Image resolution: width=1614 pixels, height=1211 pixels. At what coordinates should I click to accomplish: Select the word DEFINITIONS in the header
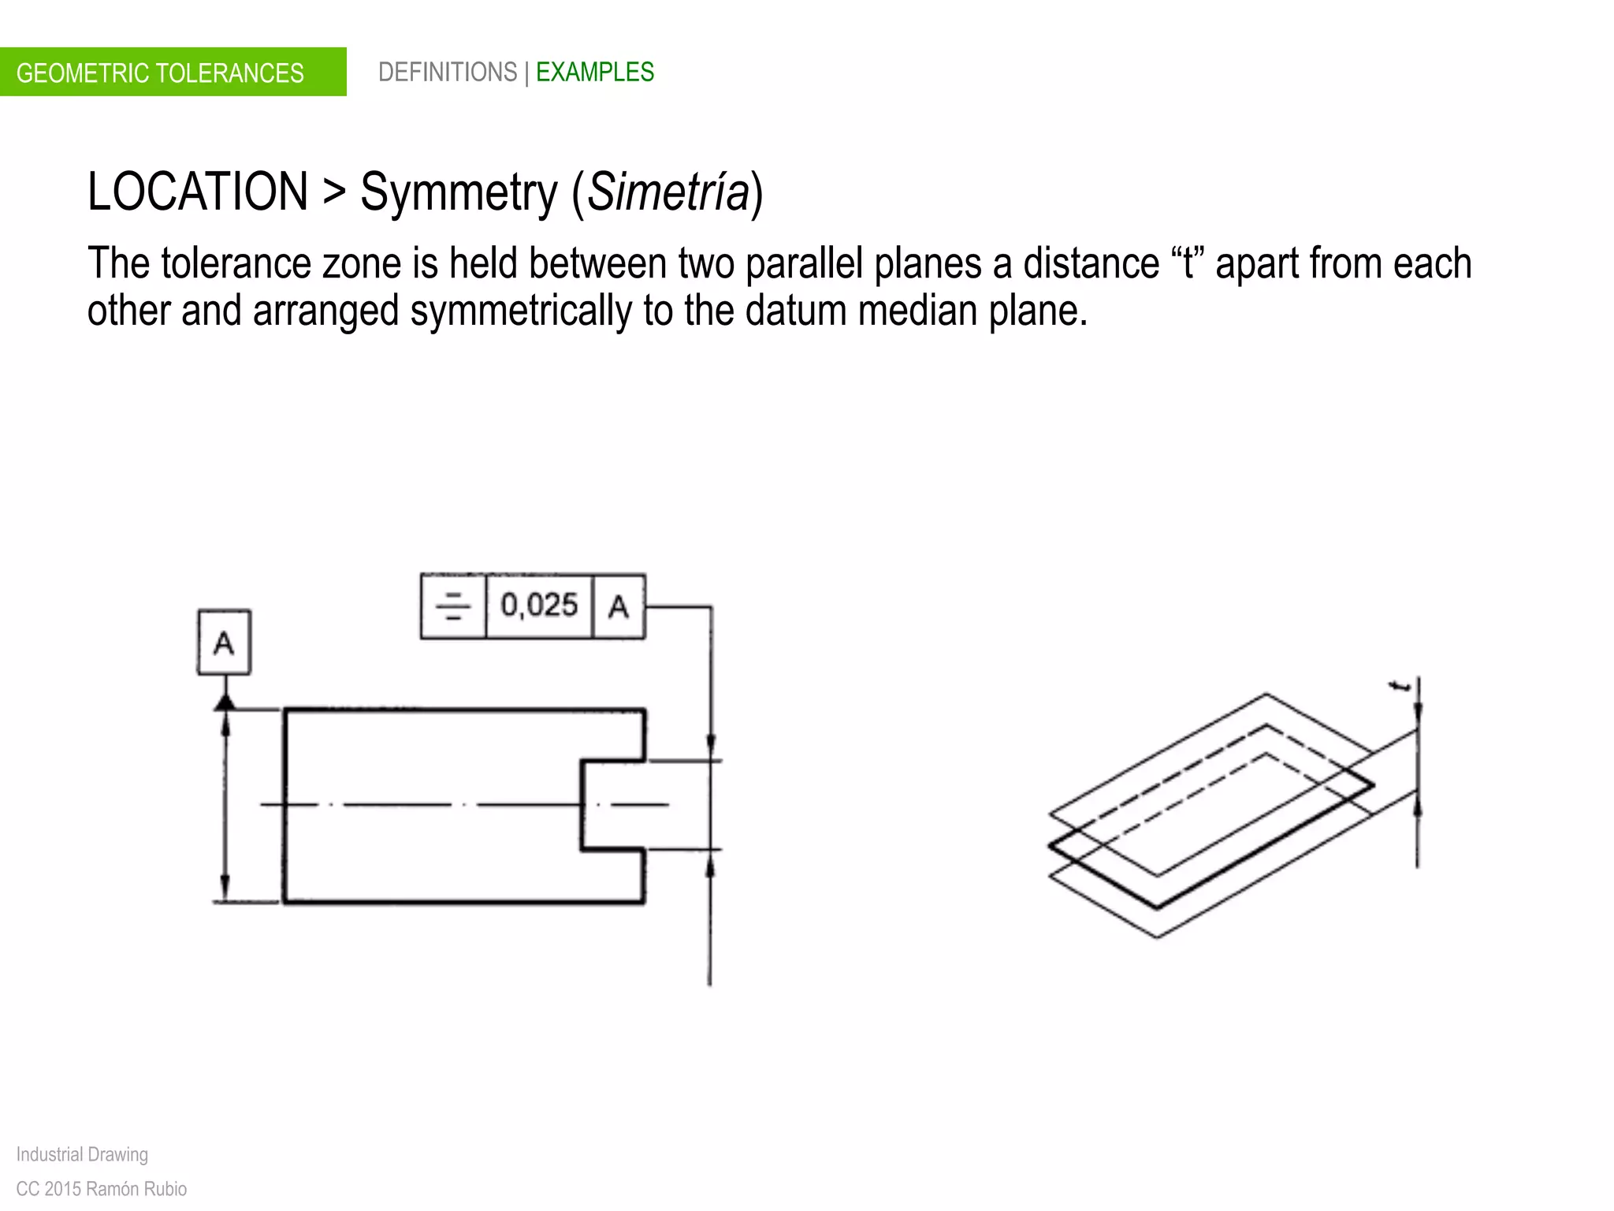coord(447,73)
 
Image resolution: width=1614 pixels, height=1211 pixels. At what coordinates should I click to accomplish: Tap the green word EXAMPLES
coord(594,73)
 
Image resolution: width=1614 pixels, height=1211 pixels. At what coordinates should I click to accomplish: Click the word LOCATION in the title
coord(197,192)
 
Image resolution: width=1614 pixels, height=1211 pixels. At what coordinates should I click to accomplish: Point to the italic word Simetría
coord(668,192)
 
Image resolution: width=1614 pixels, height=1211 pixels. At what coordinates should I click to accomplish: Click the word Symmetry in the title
coord(459,192)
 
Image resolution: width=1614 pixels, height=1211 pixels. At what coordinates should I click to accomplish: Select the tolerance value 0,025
coord(539,605)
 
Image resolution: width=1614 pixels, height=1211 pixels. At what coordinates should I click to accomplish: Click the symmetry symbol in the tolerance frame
coord(453,606)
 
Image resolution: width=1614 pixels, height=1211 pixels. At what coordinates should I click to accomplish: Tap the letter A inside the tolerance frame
coord(619,606)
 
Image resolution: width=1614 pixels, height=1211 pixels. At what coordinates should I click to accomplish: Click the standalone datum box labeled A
coord(224,643)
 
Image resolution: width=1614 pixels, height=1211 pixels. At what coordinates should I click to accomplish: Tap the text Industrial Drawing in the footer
coord(82,1154)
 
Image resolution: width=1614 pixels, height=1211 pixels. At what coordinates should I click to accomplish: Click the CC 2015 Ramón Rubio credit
coord(102,1189)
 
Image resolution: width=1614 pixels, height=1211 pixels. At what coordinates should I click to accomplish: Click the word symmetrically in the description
coord(520,311)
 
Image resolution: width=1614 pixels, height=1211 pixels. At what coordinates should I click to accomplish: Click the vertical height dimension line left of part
coord(225,804)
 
